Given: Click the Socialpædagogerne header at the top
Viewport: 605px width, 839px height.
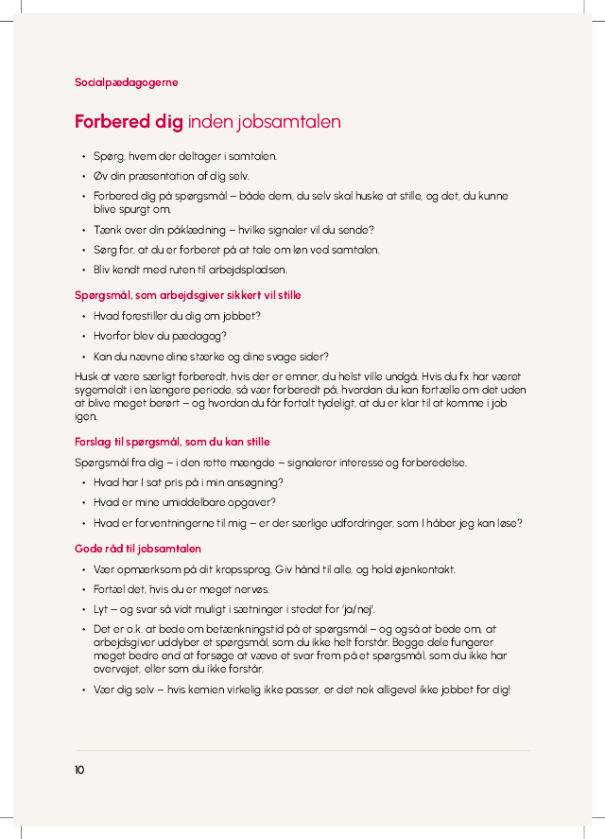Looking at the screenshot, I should coord(126,82).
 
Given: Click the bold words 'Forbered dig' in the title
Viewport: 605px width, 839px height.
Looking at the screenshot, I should coord(129,122).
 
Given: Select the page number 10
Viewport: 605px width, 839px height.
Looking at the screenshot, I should coord(79,770).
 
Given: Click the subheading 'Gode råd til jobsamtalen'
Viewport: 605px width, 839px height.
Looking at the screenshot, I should coord(137,549).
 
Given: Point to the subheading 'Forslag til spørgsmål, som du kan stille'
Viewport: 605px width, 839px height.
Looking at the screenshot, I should coord(172,442).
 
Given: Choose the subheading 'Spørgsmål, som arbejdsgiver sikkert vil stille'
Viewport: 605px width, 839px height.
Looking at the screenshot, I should coord(187,295).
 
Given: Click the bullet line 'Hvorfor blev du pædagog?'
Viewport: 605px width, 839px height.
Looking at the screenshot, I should coord(160,336).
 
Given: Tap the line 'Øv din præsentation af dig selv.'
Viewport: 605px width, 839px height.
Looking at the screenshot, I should coord(171,176).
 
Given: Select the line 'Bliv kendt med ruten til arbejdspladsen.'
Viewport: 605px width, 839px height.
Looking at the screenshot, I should coord(189,270).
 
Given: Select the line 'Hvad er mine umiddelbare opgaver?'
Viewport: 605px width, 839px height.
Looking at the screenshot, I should coord(184,503).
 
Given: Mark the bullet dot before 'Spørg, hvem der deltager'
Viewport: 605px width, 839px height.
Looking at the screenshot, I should coord(83,156).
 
